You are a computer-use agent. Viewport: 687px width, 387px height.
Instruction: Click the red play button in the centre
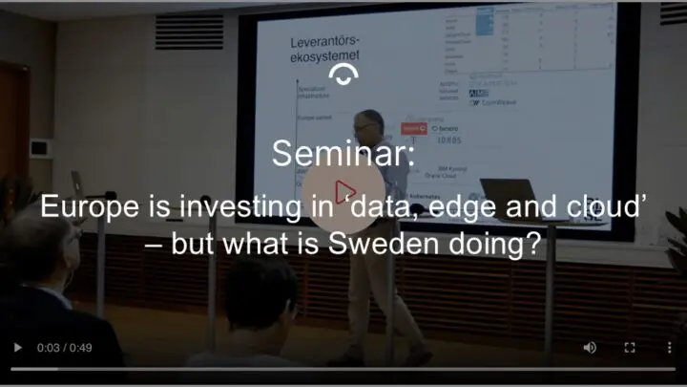pyautogui.click(x=343, y=191)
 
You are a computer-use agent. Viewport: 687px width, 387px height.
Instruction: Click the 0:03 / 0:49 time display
pyautogui.click(x=64, y=348)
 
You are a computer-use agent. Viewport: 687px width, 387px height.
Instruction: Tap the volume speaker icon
pyautogui.click(x=590, y=348)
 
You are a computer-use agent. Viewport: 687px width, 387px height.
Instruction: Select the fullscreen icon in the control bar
pyautogui.click(x=630, y=348)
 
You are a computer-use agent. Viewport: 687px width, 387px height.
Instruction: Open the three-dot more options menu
pyautogui.click(x=669, y=348)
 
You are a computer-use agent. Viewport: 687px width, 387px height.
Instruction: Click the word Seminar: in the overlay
pyautogui.click(x=343, y=153)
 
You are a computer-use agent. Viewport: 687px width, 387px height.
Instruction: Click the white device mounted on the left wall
pyautogui.click(x=39, y=148)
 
